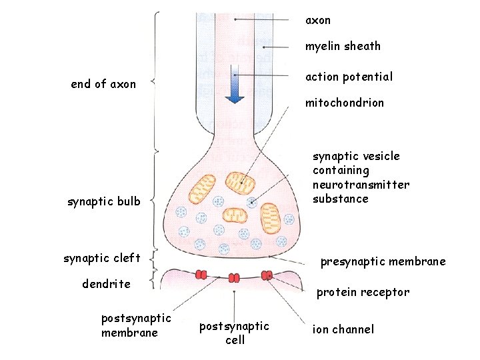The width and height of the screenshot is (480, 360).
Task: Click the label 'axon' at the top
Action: [318, 21]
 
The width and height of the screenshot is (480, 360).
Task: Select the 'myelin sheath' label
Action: [343, 46]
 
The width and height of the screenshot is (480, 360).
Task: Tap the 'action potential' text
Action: [349, 77]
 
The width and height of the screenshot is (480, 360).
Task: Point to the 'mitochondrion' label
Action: [344, 103]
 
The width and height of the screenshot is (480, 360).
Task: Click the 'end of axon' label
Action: [103, 84]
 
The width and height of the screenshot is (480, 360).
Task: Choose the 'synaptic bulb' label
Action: [104, 201]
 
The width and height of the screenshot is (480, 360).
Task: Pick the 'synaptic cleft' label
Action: [102, 258]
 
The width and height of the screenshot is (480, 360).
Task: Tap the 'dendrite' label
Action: [106, 284]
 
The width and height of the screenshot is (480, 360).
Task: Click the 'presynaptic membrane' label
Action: [383, 261]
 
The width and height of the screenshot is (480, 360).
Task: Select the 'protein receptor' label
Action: [363, 292]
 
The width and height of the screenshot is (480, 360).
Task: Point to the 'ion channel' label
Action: [343, 329]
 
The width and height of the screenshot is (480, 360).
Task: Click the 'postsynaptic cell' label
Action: [235, 333]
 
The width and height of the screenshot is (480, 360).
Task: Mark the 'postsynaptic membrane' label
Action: [136, 325]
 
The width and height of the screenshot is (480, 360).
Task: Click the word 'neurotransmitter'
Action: [361, 185]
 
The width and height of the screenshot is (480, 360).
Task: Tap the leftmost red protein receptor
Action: [201, 274]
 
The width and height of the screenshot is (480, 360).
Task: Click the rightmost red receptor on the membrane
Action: [267, 275]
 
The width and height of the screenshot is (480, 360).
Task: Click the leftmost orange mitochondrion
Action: [201, 189]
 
